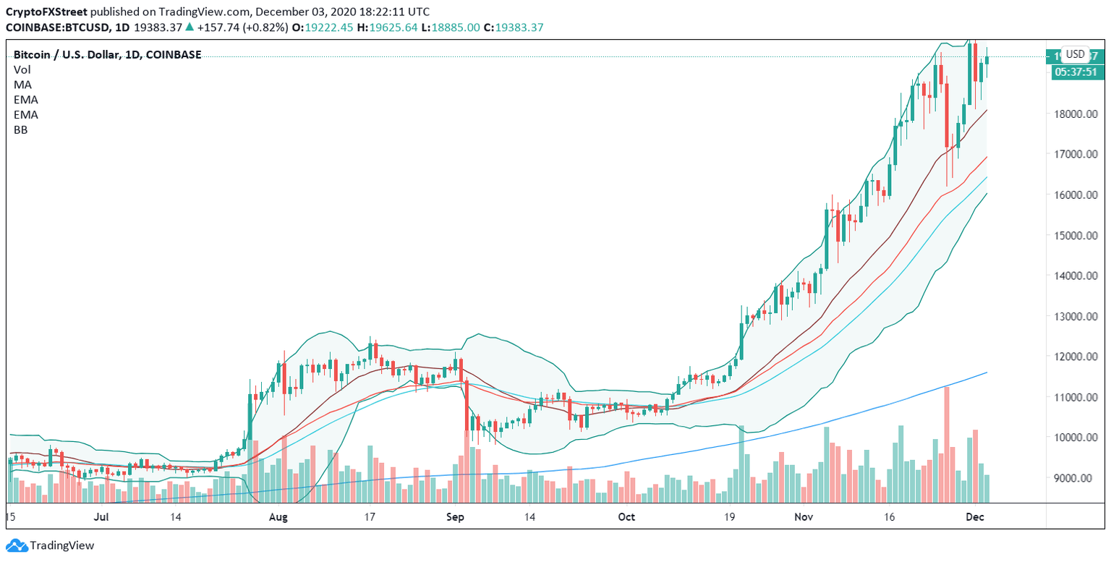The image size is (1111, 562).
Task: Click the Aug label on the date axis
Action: [x=278, y=517]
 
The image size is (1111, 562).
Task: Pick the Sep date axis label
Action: [x=455, y=517]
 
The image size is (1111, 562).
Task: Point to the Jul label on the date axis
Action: [x=101, y=517]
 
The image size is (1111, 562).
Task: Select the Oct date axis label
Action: [x=626, y=517]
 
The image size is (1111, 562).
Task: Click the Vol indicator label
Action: [x=22, y=69]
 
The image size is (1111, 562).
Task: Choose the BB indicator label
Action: [x=21, y=130]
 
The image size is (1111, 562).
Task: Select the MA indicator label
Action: [x=22, y=85]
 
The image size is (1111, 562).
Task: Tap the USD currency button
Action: [x=1076, y=54]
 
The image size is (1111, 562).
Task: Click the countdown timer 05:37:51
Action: [x=1076, y=72]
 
